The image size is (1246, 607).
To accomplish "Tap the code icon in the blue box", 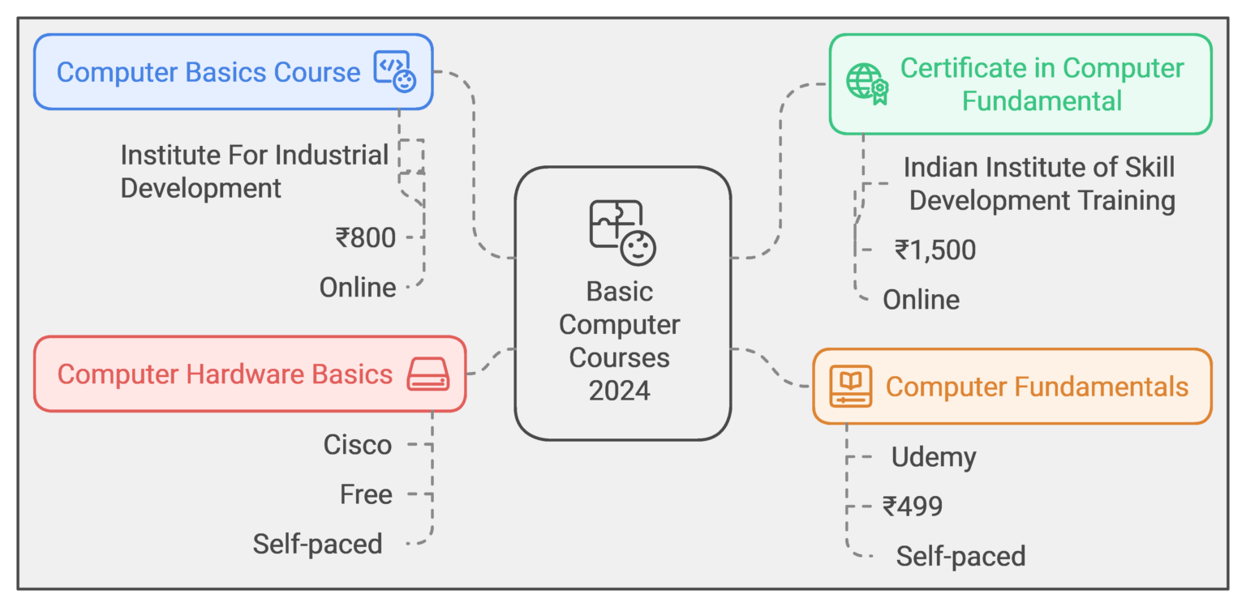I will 394,71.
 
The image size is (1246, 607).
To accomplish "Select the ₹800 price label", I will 365,238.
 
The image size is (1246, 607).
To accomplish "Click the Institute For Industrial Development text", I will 254,171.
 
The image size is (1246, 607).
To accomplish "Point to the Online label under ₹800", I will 358,288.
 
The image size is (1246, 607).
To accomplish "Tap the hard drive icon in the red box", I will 428,374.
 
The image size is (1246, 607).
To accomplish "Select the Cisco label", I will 358,445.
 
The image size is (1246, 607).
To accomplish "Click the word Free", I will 366,494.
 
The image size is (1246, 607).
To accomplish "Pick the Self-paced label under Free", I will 317,544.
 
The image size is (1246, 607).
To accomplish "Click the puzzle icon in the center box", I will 622,233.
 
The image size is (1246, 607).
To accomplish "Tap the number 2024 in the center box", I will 620,391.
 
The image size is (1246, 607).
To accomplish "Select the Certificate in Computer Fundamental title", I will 1042,84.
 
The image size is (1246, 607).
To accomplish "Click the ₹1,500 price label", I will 935,250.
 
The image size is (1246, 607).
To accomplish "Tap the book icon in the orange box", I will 850,386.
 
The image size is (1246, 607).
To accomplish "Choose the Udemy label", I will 934,458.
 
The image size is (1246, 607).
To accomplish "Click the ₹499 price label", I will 913,507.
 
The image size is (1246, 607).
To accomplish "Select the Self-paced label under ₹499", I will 960,557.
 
